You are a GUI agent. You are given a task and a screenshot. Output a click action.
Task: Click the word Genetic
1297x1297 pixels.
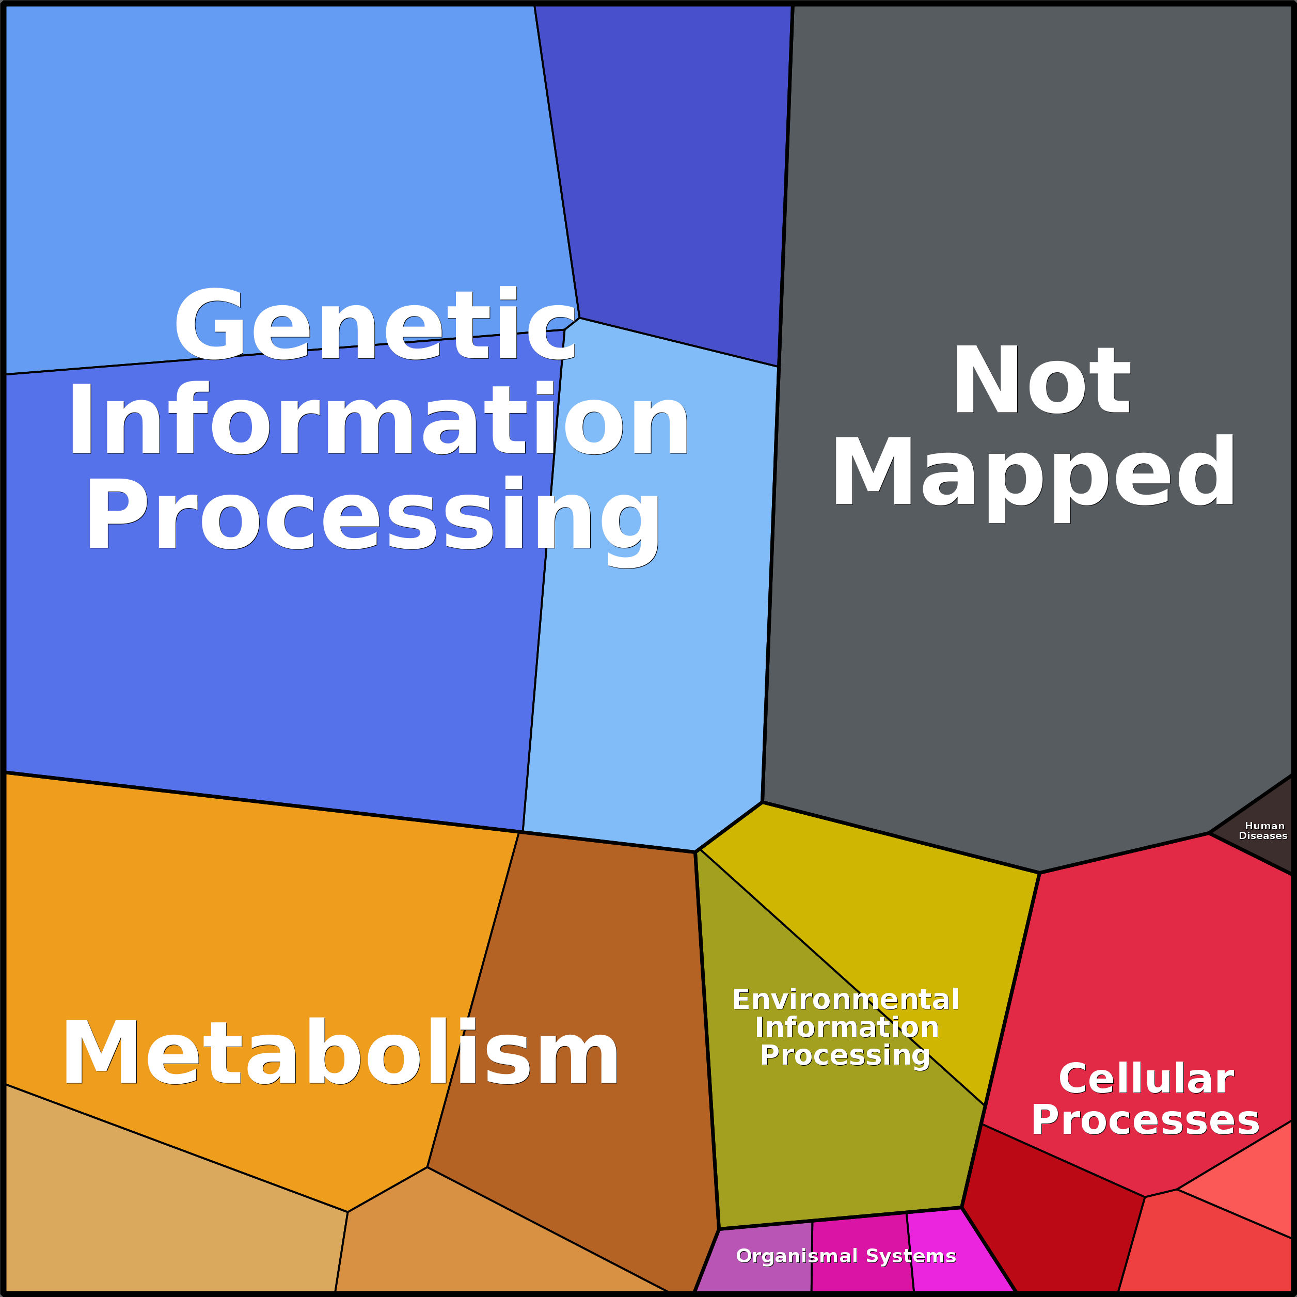(375, 324)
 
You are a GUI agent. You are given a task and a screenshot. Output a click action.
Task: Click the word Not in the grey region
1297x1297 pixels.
(1042, 379)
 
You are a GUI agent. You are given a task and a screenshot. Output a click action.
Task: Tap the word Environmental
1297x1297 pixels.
(846, 1000)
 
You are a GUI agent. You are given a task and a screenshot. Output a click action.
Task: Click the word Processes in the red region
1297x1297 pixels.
(1145, 1120)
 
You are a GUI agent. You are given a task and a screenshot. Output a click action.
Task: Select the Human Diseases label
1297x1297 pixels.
(1263, 830)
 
